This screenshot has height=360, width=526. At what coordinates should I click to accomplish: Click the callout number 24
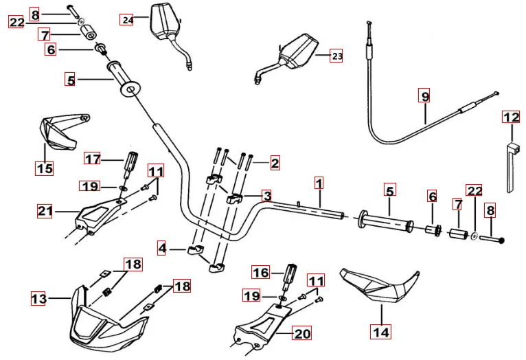tap(127, 19)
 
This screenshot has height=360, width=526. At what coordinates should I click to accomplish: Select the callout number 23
tap(336, 56)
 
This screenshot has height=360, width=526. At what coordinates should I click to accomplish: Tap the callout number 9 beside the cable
tap(425, 97)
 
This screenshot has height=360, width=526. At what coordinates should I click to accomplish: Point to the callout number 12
tap(511, 117)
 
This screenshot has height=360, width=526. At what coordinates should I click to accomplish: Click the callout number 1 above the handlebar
tap(319, 183)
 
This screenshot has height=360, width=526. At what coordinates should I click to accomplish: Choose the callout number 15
tap(45, 167)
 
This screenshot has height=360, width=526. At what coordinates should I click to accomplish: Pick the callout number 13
tap(39, 298)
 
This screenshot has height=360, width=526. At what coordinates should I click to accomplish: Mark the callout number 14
tap(380, 332)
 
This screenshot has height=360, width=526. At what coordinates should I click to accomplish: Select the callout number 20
tap(301, 334)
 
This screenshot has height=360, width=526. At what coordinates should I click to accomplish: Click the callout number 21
tap(46, 212)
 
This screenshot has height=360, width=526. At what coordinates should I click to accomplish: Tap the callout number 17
tap(93, 159)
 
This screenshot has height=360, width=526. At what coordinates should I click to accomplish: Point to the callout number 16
tap(260, 273)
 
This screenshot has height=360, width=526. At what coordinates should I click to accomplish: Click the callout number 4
tap(161, 247)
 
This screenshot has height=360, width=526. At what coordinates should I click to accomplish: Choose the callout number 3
tap(266, 195)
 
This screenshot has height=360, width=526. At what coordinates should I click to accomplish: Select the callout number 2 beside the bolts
tap(275, 164)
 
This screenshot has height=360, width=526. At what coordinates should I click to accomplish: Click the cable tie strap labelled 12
tap(511, 165)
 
